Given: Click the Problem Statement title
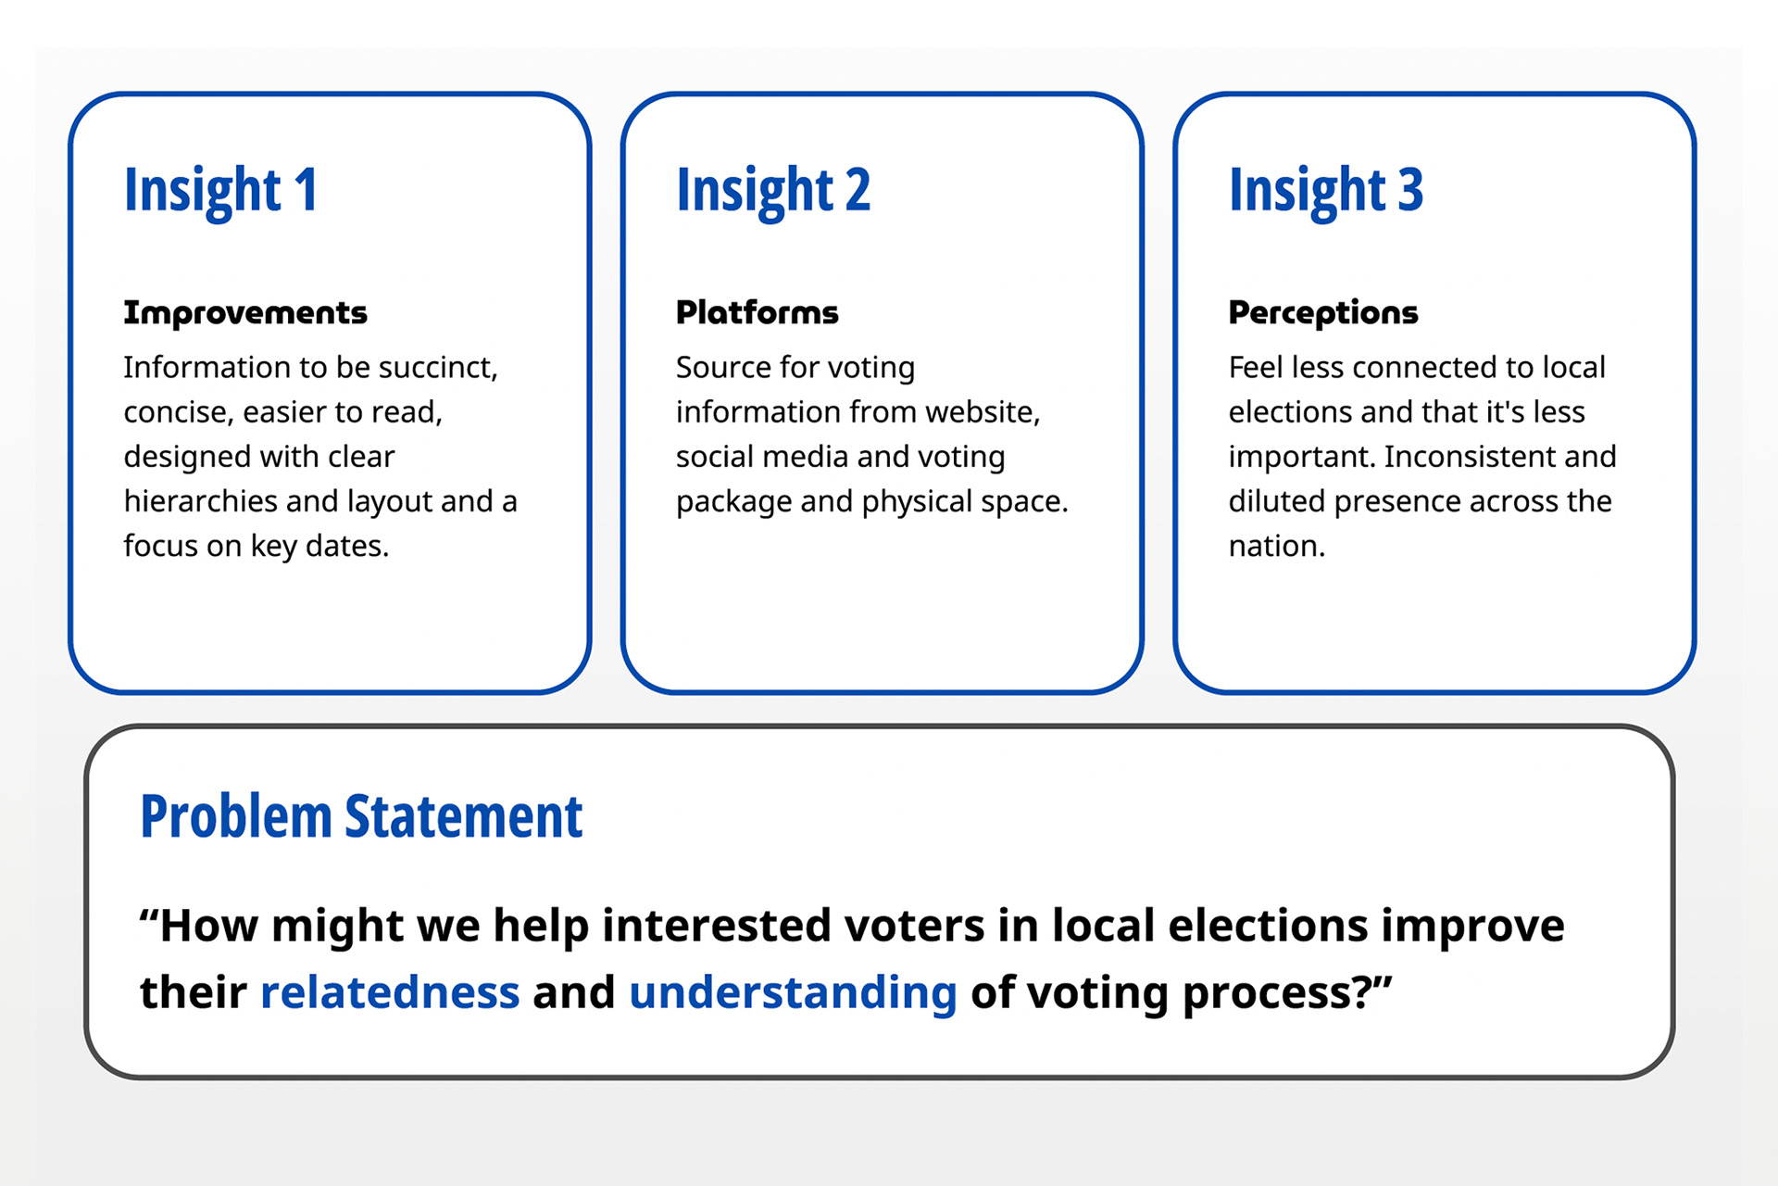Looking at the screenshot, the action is pos(361,817).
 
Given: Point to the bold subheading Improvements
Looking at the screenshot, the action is pos(245,313).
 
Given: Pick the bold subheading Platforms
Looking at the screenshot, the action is pos(758,313).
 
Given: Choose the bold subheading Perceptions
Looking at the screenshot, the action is pos(1323,314).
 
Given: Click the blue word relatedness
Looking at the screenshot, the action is pos(390,992).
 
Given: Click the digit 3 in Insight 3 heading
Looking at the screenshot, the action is pos(1410,190).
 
